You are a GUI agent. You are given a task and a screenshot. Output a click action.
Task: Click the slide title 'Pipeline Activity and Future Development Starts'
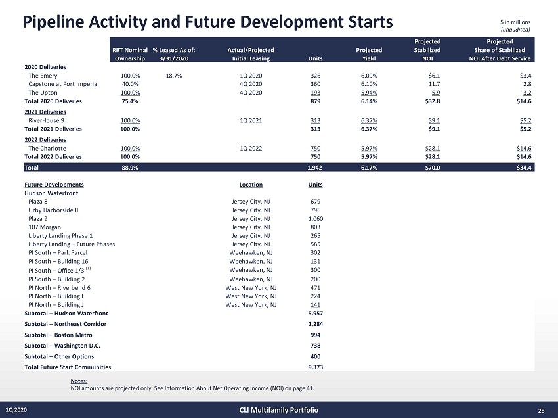(207, 22)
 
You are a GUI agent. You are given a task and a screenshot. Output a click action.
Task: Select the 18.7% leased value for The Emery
(174, 76)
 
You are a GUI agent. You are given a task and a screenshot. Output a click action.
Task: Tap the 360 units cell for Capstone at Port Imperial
(315, 84)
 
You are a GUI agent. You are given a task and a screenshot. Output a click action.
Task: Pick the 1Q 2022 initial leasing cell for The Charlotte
(252, 149)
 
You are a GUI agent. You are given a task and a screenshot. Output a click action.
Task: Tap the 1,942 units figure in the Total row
(314, 168)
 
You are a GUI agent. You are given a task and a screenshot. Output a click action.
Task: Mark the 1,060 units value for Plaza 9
(315, 219)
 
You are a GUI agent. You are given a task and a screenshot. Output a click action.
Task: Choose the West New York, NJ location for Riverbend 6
(251, 287)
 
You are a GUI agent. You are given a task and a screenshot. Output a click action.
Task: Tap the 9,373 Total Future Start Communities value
(315, 367)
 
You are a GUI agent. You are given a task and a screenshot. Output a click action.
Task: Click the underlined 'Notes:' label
(79, 381)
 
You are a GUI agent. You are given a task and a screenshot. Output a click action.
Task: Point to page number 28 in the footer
(541, 411)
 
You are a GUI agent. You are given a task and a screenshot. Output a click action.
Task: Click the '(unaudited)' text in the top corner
(515, 30)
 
